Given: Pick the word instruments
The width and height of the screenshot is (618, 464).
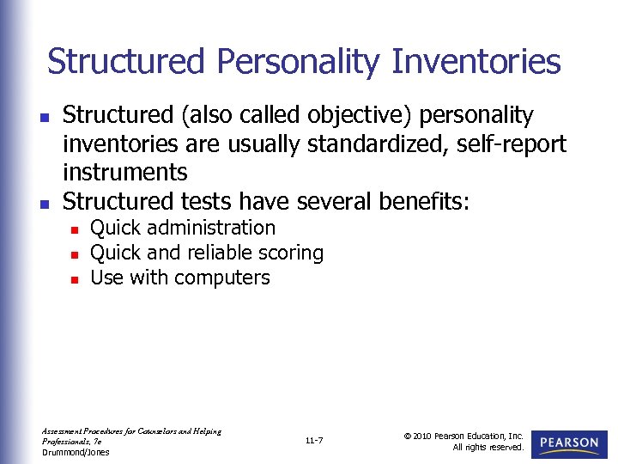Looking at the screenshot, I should click(x=125, y=172).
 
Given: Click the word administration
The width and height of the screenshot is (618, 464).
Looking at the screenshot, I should click(x=215, y=228).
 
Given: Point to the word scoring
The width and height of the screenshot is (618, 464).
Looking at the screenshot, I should click(x=294, y=253).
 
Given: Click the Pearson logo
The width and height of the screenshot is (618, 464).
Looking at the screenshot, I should click(x=569, y=443).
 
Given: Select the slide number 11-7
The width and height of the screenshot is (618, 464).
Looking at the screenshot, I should click(x=313, y=441).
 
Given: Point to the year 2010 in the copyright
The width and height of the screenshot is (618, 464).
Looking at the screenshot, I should click(x=421, y=436).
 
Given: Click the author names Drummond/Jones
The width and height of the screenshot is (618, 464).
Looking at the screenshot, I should click(x=76, y=452).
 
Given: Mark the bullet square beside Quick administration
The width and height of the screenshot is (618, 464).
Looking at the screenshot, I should click(x=75, y=229).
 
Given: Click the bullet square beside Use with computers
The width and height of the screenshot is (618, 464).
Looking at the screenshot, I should click(x=75, y=279).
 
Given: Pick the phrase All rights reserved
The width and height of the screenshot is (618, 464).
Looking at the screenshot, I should click(x=489, y=447).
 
